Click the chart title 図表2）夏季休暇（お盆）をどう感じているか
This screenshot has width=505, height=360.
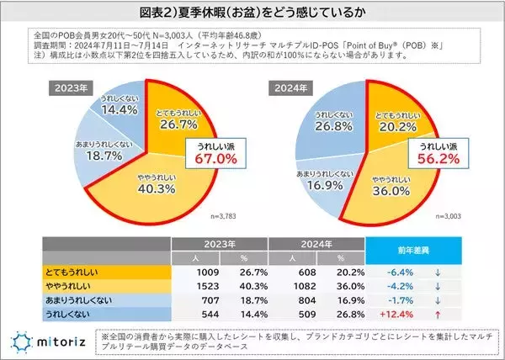point(252,14)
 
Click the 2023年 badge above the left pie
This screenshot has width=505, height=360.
point(71,87)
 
